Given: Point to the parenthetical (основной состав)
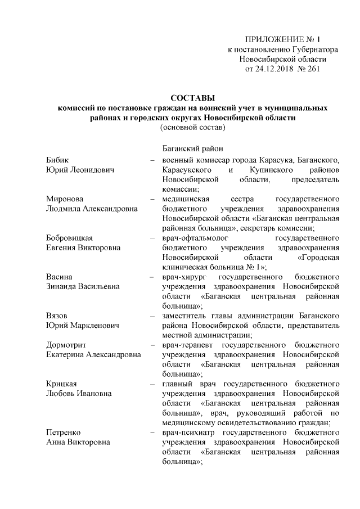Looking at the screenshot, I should tap(193, 128).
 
